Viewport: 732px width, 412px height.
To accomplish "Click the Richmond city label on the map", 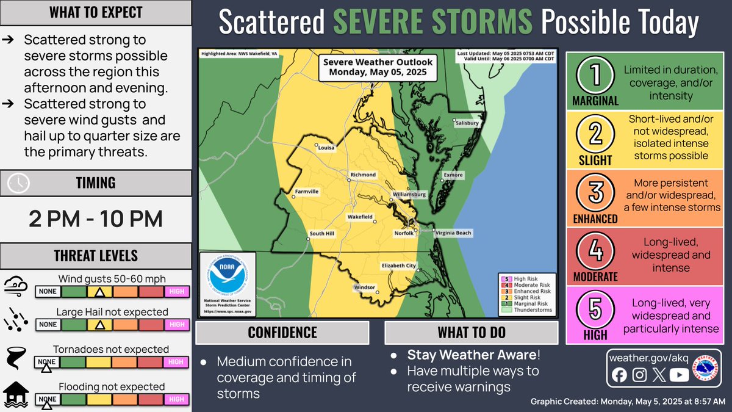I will (x=363, y=175).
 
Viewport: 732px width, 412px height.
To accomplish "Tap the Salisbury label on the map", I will (x=467, y=123).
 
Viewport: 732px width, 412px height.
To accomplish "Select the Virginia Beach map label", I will (x=453, y=233).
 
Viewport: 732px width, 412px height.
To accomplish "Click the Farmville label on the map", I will (x=307, y=191).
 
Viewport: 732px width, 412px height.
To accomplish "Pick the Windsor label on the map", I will (x=364, y=287).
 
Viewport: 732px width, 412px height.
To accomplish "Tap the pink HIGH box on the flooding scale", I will (x=176, y=399).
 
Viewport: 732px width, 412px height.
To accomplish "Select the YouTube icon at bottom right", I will (x=678, y=375).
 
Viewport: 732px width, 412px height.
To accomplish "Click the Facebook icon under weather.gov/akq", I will (x=619, y=375).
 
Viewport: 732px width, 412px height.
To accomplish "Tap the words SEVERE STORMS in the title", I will (x=434, y=23).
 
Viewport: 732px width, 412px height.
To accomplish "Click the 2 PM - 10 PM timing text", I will (x=96, y=219).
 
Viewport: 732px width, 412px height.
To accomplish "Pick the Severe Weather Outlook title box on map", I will (x=378, y=67).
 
